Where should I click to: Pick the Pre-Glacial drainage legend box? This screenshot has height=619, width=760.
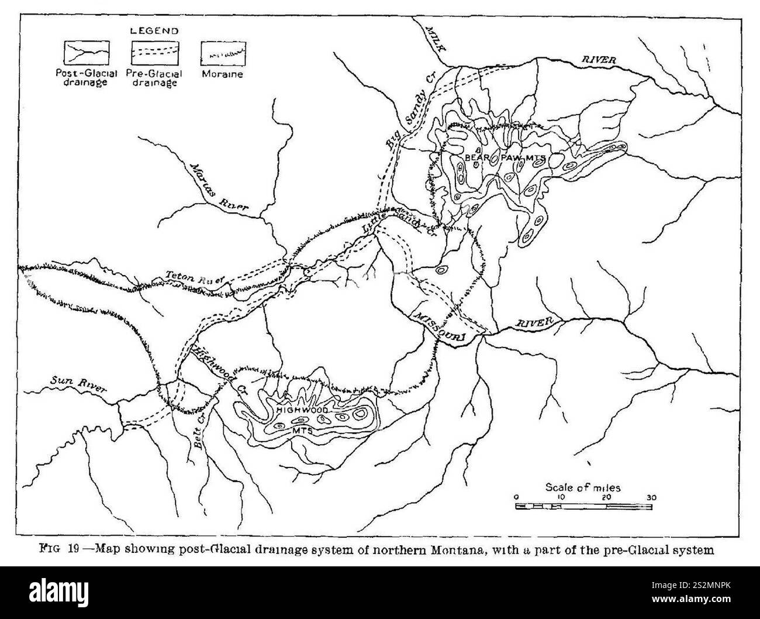tap(154, 53)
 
